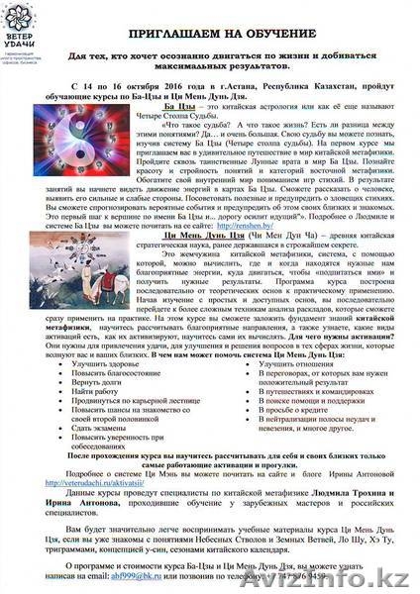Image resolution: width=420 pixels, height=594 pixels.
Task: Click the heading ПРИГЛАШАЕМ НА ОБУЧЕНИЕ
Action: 238,33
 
